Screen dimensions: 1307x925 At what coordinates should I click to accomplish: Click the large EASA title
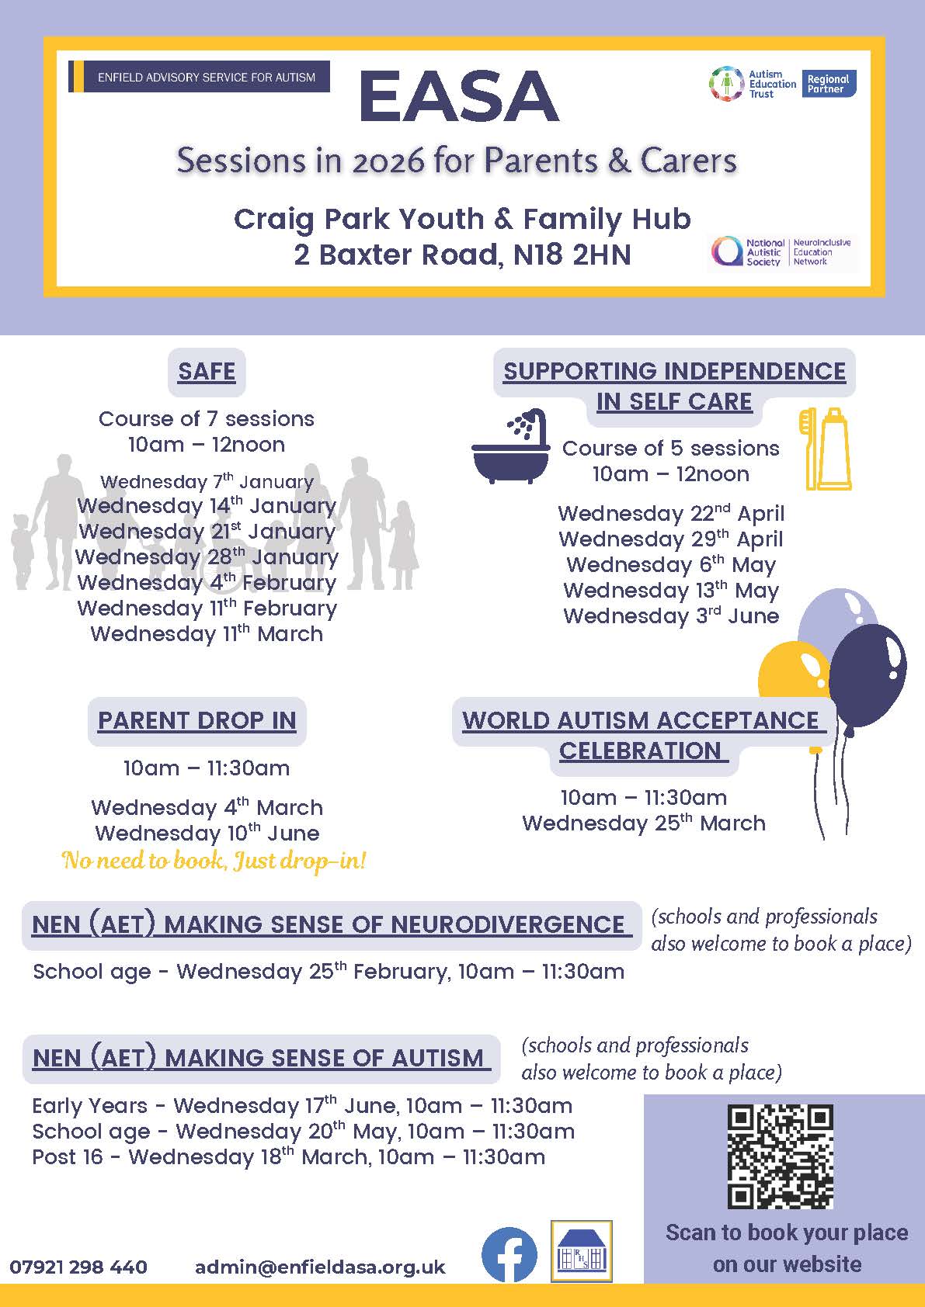coord(458,97)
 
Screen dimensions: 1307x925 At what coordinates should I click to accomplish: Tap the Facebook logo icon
coord(509,1255)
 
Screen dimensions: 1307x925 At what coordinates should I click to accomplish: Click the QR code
coord(780,1156)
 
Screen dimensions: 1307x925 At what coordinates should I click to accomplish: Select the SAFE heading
coord(207,372)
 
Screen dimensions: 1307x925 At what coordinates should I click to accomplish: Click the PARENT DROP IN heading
coord(196,721)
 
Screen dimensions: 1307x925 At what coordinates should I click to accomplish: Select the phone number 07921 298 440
coord(78,1267)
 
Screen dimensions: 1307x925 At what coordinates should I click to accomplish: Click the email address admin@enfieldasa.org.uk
coord(320,1267)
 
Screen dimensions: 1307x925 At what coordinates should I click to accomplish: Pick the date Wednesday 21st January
coord(207,532)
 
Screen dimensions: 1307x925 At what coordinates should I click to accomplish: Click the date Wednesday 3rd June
coord(671,616)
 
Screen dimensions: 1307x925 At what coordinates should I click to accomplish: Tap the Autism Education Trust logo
coord(753,84)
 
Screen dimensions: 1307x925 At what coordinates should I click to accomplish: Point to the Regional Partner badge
coord(828,84)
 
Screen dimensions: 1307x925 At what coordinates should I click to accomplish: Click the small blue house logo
coord(581,1251)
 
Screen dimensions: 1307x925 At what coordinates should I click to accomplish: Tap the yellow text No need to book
coord(214,861)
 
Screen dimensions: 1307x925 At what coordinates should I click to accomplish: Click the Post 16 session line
coord(288,1157)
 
